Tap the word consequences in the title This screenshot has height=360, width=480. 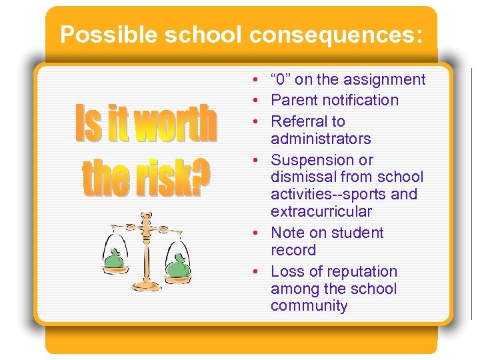pos(334,35)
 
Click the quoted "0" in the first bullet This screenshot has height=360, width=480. pos(281,80)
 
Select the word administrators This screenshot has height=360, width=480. pos(321,139)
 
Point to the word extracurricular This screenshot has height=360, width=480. pos(321,212)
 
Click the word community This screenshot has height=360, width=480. pos(309,306)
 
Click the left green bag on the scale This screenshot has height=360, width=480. pos(115,258)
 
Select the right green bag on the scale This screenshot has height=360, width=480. pos(178,267)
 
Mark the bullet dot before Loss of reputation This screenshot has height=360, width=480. pos(256,272)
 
